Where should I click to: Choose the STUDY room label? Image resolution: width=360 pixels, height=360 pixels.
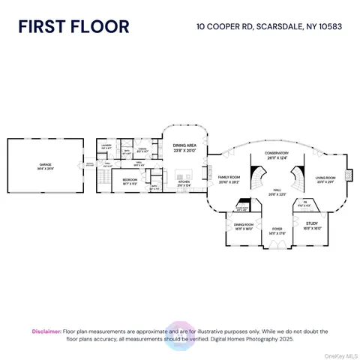click(x=312, y=225)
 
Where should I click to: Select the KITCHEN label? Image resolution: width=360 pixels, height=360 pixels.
click(x=184, y=182)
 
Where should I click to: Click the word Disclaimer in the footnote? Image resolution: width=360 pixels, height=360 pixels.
click(x=46, y=331)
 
